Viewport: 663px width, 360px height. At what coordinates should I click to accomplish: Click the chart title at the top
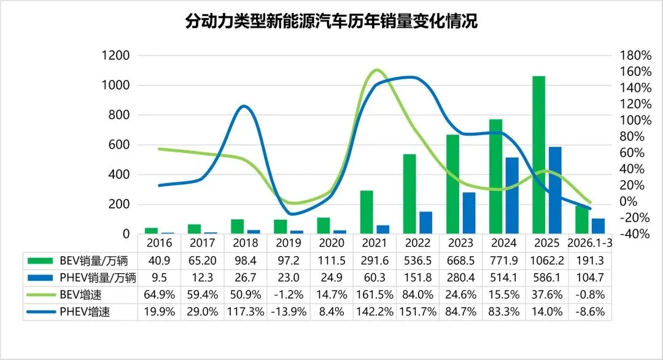[331, 22]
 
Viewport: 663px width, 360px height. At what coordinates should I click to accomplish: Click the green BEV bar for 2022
[409, 194]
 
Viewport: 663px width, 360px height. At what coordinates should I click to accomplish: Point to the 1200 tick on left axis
[117, 55]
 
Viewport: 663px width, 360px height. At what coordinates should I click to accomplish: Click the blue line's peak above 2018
[244, 106]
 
